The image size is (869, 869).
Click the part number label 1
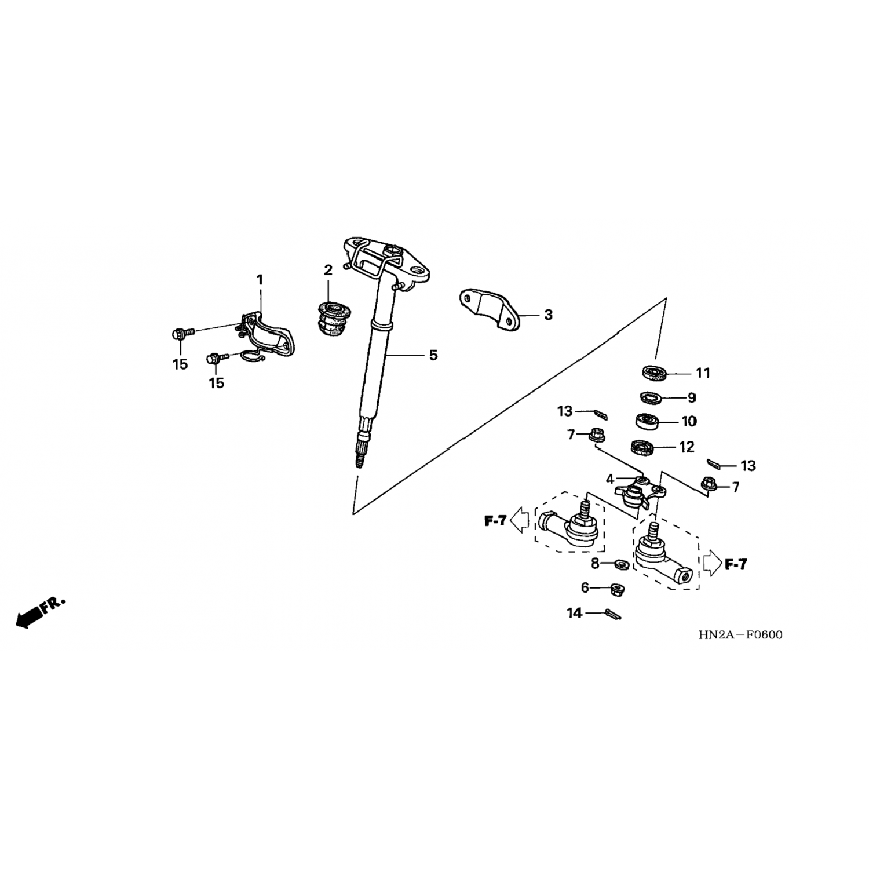(x=260, y=280)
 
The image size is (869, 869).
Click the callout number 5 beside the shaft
(x=433, y=355)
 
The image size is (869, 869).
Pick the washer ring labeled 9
(x=652, y=397)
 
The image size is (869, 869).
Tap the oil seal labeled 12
(x=642, y=447)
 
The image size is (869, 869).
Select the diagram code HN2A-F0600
(x=740, y=635)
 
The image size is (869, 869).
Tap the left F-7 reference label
(x=495, y=521)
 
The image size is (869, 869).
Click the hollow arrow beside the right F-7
(x=712, y=563)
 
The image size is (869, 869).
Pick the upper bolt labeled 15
(x=178, y=334)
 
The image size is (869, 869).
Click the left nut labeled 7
(x=596, y=434)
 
